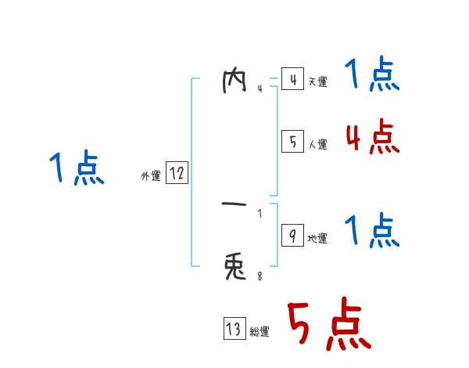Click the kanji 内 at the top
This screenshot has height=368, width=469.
tap(235, 81)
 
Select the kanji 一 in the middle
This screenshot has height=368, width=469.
tap(235, 206)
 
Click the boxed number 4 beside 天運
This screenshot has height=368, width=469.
tap(292, 80)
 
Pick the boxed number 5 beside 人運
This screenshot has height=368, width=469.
tap(292, 142)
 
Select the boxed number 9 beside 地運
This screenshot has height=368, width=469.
tap(292, 236)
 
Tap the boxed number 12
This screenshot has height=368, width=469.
tap(177, 174)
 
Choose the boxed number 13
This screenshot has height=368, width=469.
tap(234, 330)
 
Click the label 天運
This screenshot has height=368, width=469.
tap(317, 82)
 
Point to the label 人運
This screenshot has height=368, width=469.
tap(317, 144)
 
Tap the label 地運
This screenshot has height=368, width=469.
tap(317, 239)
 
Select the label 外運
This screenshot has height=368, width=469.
tap(151, 176)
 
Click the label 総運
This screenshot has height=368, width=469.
tap(260, 332)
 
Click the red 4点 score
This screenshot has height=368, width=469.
tap(372, 137)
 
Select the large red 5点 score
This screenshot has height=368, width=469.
tap(328, 326)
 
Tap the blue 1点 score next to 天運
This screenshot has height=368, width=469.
tap(372, 75)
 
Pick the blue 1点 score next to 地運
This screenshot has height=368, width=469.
tap(372, 232)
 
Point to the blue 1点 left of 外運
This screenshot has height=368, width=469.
tap(77, 169)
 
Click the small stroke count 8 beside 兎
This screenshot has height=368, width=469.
tap(260, 276)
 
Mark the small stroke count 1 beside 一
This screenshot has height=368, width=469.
tap(260, 213)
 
